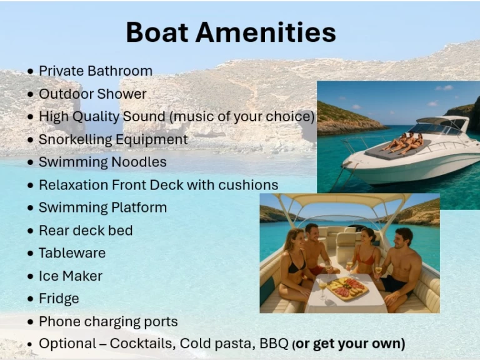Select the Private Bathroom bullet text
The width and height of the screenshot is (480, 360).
tap(95, 71)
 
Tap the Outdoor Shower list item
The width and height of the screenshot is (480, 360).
tap(92, 94)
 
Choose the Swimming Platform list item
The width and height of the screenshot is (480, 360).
tap(102, 207)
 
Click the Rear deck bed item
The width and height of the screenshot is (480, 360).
tap(86, 231)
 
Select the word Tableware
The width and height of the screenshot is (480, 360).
tap(72, 253)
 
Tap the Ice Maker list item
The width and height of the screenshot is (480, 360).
tap(70, 276)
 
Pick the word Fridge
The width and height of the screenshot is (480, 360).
tap(59, 299)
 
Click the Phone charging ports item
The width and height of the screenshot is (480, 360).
tap(108, 322)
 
